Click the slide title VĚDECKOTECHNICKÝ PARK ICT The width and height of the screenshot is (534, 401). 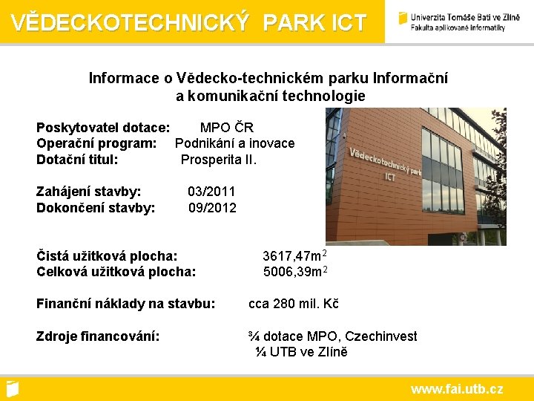pos(188,22)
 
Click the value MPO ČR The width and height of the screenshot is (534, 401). pos(227,128)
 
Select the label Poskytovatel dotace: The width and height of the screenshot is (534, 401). pos(103,128)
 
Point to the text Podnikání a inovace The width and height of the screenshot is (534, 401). pos(234,143)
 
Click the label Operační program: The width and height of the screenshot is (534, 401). pos(96,143)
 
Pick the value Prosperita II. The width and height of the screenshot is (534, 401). pos(219,159)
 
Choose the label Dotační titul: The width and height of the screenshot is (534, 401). pos(77,159)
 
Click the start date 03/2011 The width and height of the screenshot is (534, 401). pos(211,192)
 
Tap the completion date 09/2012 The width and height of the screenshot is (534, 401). pos(212,208)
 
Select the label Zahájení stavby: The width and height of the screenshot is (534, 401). pos(89,192)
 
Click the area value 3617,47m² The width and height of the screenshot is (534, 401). pos(295,256)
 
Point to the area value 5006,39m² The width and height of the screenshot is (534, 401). pos(295,272)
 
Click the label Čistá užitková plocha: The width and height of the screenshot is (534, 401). pos(107,256)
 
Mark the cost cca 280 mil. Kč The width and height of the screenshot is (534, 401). pos(293,304)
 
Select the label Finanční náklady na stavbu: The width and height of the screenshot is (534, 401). pos(126,304)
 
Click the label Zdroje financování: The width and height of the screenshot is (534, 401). pos(98,336)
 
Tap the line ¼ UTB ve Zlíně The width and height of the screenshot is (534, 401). pos(301,352)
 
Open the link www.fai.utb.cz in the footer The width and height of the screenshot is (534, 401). pos(457,388)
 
